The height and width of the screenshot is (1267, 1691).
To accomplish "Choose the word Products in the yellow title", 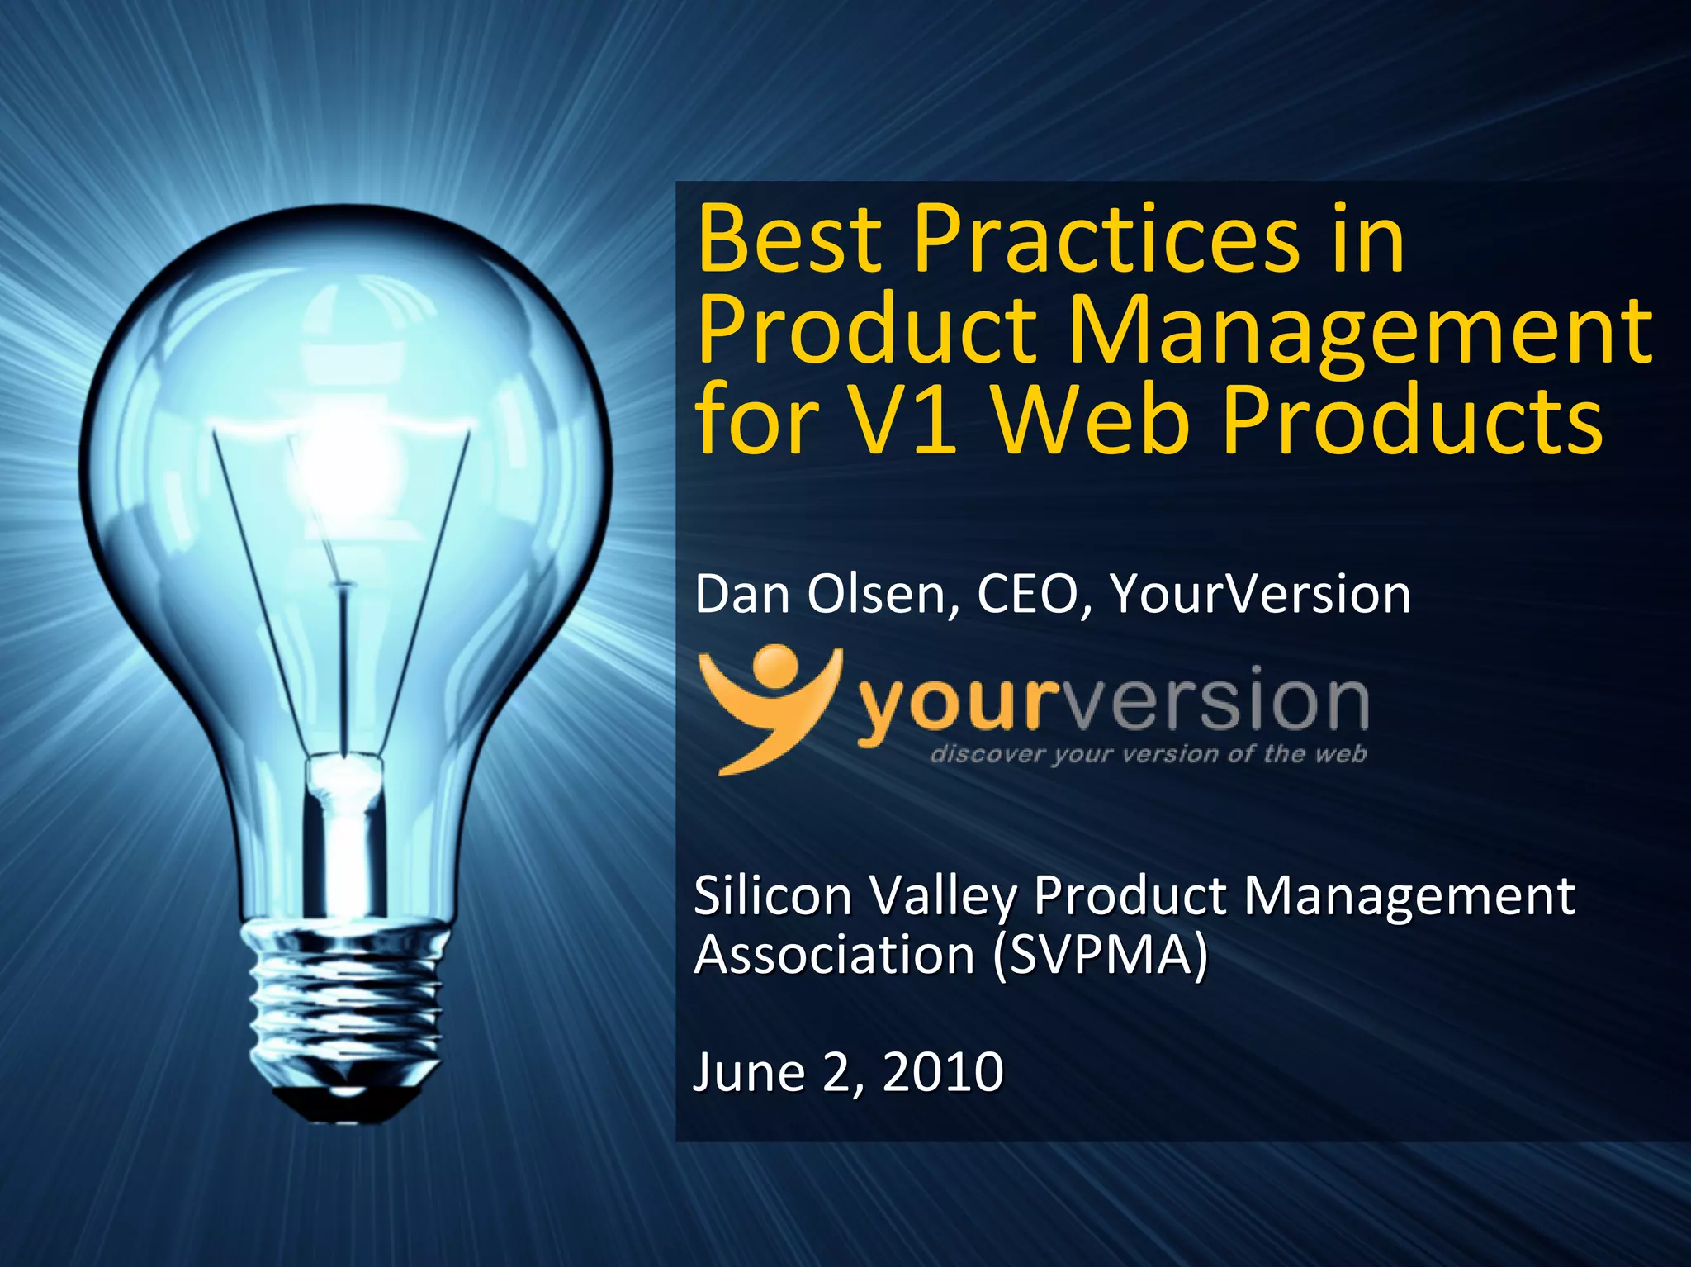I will (x=1411, y=420).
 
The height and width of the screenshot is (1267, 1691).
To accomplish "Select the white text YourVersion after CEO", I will (x=1260, y=594).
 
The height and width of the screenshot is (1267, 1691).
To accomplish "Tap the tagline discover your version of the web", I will (x=1148, y=754).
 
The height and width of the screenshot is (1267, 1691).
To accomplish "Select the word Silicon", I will (x=773, y=896).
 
